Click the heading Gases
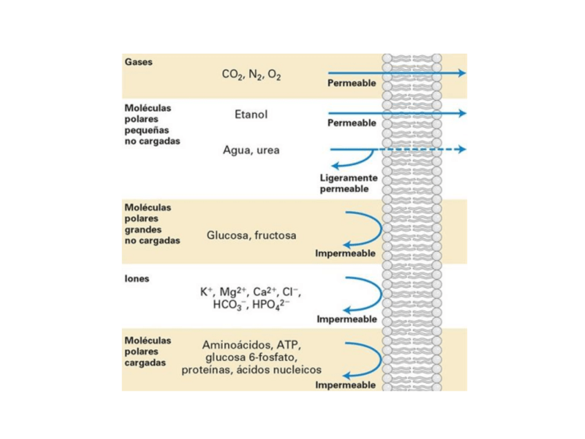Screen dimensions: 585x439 [138, 61]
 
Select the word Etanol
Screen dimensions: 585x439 [251, 115]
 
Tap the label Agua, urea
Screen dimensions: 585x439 [251, 150]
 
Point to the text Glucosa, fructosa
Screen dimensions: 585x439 [251, 235]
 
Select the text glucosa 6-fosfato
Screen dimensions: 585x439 [251, 357]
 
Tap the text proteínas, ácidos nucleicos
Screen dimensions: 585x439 [251, 370]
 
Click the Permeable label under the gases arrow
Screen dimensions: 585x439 [352, 84]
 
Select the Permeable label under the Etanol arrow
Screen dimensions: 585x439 [352, 124]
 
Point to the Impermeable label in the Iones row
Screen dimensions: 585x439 [347, 320]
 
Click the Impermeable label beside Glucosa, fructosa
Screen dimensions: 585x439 [346, 253]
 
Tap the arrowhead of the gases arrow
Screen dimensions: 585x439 [462, 72]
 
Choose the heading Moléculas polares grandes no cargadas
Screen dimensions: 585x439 [148, 224]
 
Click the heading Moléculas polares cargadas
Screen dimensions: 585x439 [148, 351]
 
